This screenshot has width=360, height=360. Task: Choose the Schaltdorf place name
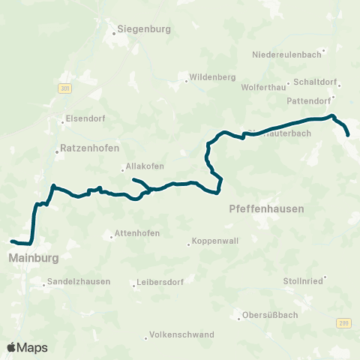(x=317, y=83)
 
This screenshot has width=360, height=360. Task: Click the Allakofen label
(x=146, y=166)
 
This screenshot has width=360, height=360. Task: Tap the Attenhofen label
(x=137, y=233)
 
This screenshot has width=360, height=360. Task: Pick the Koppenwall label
(x=215, y=243)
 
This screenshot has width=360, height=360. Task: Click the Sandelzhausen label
(x=79, y=282)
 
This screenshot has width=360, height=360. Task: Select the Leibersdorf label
(x=160, y=283)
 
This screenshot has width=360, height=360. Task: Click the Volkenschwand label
(x=182, y=334)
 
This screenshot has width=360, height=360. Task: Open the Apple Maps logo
(x=27, y=347)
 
